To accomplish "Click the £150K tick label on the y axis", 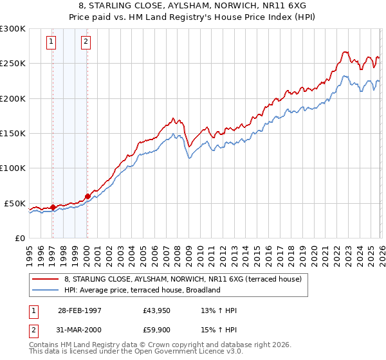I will click(13, 133).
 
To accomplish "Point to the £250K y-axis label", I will click(13, 64).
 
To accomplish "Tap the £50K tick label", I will click(15, 203).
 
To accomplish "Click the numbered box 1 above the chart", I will click(51, 43).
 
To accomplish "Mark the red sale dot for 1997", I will click(53, 207).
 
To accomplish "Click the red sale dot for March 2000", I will click(87, 196).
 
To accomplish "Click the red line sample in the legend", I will click(46, 280).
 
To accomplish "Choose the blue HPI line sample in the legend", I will click(46, 290).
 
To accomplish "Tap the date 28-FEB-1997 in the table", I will click(80, 310).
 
